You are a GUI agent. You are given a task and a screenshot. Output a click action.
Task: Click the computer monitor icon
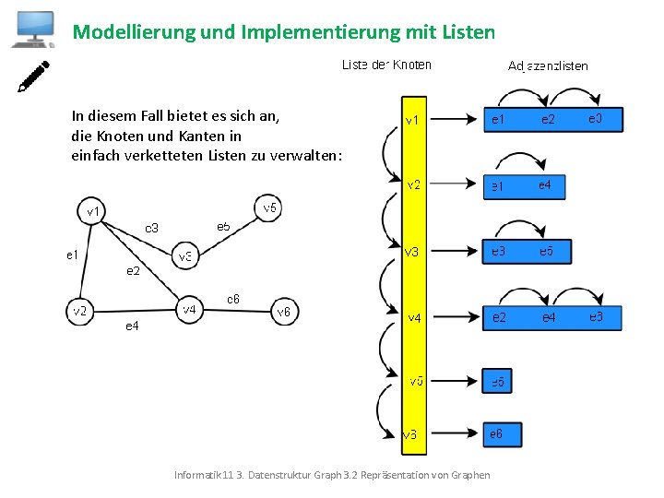[x=32, y=29]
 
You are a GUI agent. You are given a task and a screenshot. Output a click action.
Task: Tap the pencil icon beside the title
[x=34, y=77]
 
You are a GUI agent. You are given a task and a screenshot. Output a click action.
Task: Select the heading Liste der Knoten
[x=386, y=65]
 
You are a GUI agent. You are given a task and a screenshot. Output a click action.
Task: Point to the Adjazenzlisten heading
[x=548, y=65]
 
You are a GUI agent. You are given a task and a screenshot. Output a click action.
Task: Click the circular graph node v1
[x=93, y=211]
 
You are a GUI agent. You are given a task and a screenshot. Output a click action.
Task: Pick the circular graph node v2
[x=80, y=311]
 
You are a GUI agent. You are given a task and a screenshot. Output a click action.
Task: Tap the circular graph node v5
[x=268, y=207]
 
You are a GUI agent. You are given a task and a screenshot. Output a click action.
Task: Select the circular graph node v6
[x=284, y=312]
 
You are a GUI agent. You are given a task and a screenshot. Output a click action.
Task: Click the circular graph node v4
[x=189, y=310]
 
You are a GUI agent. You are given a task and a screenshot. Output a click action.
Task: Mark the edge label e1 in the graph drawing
[x=71, y=254]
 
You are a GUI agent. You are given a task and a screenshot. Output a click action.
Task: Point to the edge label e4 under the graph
[x=132, y=326]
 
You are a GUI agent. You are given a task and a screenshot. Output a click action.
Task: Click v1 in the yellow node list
[x=413, y=120]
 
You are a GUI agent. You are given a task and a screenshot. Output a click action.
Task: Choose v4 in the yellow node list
[x=415, y=318]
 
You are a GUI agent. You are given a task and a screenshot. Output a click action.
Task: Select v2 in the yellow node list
[x=414, y=185]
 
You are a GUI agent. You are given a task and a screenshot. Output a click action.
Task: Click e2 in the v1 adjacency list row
[x=548, y=119]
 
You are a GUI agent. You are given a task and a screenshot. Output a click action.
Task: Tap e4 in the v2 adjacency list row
[x=545, y=186]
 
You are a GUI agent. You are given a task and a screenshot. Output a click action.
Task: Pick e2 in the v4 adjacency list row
[x=498, y=318]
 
